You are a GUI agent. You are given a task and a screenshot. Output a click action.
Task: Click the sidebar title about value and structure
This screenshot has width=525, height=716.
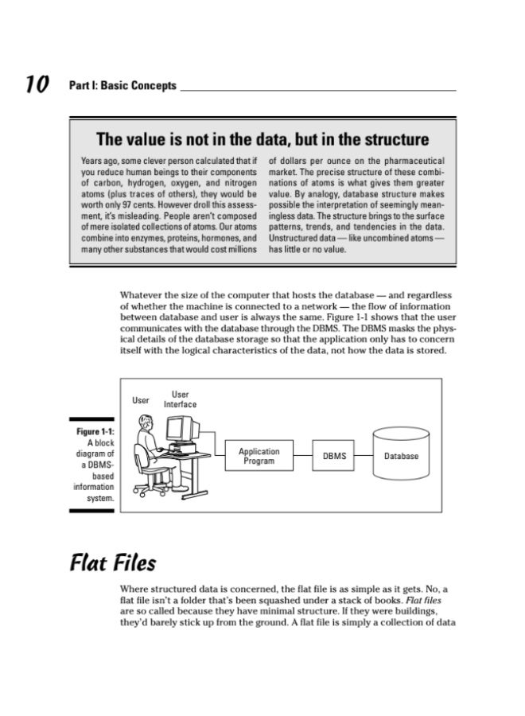262,140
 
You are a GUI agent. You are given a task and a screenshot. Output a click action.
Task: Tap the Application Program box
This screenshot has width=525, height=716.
259,456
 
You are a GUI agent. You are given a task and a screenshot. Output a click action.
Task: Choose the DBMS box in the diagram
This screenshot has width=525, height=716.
333,457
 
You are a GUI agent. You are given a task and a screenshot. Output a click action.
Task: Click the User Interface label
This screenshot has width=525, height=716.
180,399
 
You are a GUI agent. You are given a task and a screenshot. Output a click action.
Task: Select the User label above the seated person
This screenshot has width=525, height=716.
141,401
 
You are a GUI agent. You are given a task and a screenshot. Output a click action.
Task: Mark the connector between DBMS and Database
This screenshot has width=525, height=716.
364,456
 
